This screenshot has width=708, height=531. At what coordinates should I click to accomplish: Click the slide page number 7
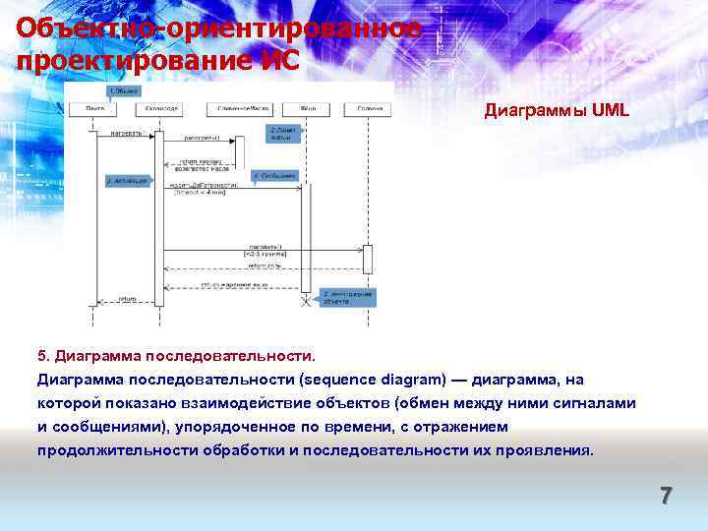point(666,497)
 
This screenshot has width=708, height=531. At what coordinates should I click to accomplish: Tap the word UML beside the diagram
point(610,111)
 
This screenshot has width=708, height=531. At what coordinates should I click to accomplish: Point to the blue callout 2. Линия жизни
point(283,132)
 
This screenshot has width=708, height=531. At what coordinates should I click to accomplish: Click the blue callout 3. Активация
point(126,181)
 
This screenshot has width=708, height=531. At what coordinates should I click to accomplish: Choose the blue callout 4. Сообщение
point(275,176)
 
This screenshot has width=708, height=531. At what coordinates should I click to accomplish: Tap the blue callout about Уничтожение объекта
point(351,296)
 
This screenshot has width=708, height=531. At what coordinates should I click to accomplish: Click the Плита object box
point(96,107)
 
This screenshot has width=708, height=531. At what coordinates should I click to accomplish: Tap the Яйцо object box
point(307,107)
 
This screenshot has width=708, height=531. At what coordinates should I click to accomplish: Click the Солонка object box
point(370,107)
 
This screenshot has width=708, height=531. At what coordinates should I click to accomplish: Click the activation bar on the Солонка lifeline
point(368,259)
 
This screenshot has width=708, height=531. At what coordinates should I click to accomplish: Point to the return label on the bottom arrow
point(128,298)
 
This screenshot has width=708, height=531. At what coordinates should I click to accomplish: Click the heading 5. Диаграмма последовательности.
point(178,354)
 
